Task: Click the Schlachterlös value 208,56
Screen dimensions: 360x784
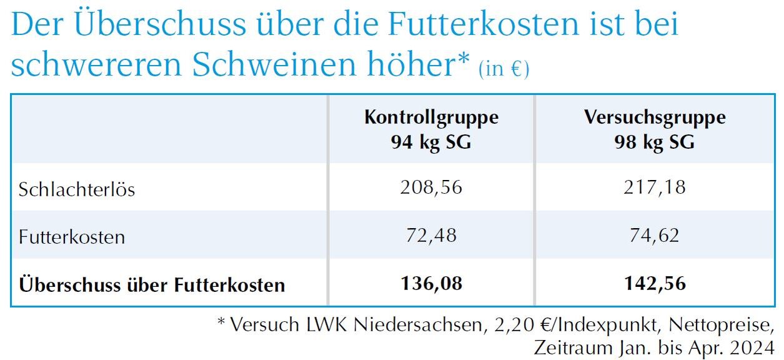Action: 431,187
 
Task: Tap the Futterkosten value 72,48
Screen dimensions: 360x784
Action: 431,236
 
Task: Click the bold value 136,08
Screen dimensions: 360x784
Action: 431,284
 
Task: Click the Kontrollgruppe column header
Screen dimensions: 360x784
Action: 431,117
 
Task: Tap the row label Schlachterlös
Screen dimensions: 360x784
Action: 77,189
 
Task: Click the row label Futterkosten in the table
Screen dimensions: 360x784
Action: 72,237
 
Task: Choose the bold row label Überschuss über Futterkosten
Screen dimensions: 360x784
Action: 152,285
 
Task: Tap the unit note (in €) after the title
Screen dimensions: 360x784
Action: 504,68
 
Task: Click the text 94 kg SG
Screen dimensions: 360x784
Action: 431,142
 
